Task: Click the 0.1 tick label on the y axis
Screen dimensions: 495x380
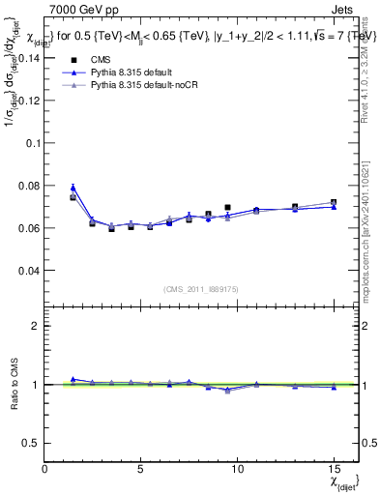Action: (x=31, y=142)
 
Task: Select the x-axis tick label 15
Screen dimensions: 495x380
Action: (x=333, y=469)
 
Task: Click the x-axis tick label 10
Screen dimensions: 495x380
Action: (x=237, y=469)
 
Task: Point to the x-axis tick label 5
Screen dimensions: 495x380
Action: (x=141, y=469)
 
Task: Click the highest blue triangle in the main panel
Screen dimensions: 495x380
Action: (x=73, y=188)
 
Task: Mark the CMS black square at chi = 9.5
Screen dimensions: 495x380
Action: (x=227, y=207)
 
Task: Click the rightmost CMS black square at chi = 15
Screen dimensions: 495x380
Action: (x=333, y=203)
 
